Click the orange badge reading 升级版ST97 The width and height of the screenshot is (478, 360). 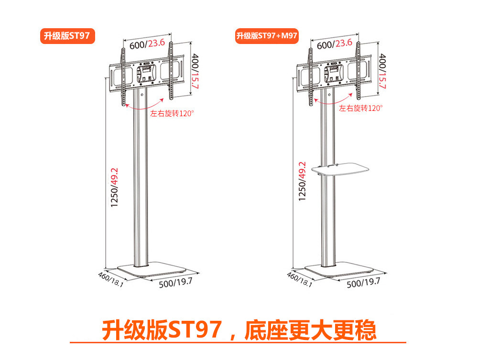point(67,36)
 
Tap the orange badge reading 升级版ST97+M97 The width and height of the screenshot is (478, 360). point(267,36)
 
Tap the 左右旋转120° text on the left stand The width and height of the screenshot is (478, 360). point(172,114)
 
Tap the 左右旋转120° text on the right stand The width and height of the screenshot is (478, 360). point(361,108)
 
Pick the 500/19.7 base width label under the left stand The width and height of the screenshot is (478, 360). point(175,282)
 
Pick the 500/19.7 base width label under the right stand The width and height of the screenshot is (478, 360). point(363,282)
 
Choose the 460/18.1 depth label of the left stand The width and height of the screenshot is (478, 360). point(111,279)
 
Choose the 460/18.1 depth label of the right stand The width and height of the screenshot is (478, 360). point(299,279)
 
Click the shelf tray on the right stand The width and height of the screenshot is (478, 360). point(340,169)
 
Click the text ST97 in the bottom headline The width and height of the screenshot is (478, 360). point(196,329)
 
